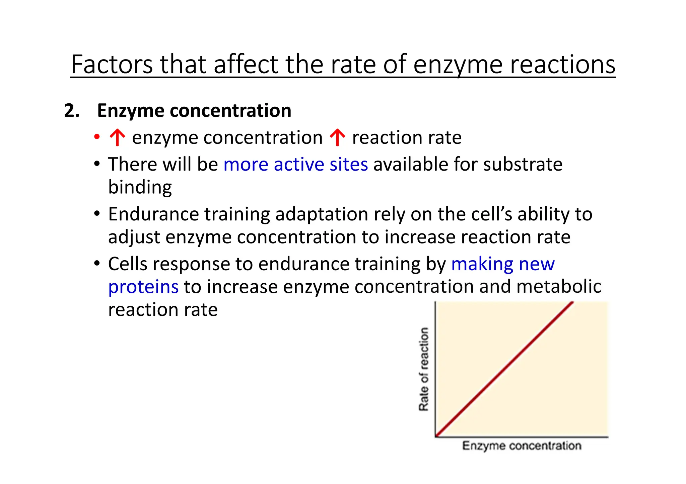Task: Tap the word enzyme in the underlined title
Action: click(458, 64)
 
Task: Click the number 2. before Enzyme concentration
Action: click(72, 110)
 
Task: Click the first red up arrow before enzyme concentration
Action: click(117, 138)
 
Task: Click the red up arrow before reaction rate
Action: click(337, 138)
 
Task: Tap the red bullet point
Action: click(97, 136)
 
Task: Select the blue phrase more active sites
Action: click(295, 164)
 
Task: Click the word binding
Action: click(140, 187)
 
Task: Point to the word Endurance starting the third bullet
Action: click(153, 214)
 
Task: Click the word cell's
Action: click(491, 214)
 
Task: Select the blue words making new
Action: click(502, 264)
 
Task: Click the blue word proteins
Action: click(143, 287)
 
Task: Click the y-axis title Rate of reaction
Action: click(424, 369)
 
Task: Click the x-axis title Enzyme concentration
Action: click(522, 446)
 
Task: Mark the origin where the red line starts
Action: click(436, 436)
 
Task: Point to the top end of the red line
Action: click(572, 303)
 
